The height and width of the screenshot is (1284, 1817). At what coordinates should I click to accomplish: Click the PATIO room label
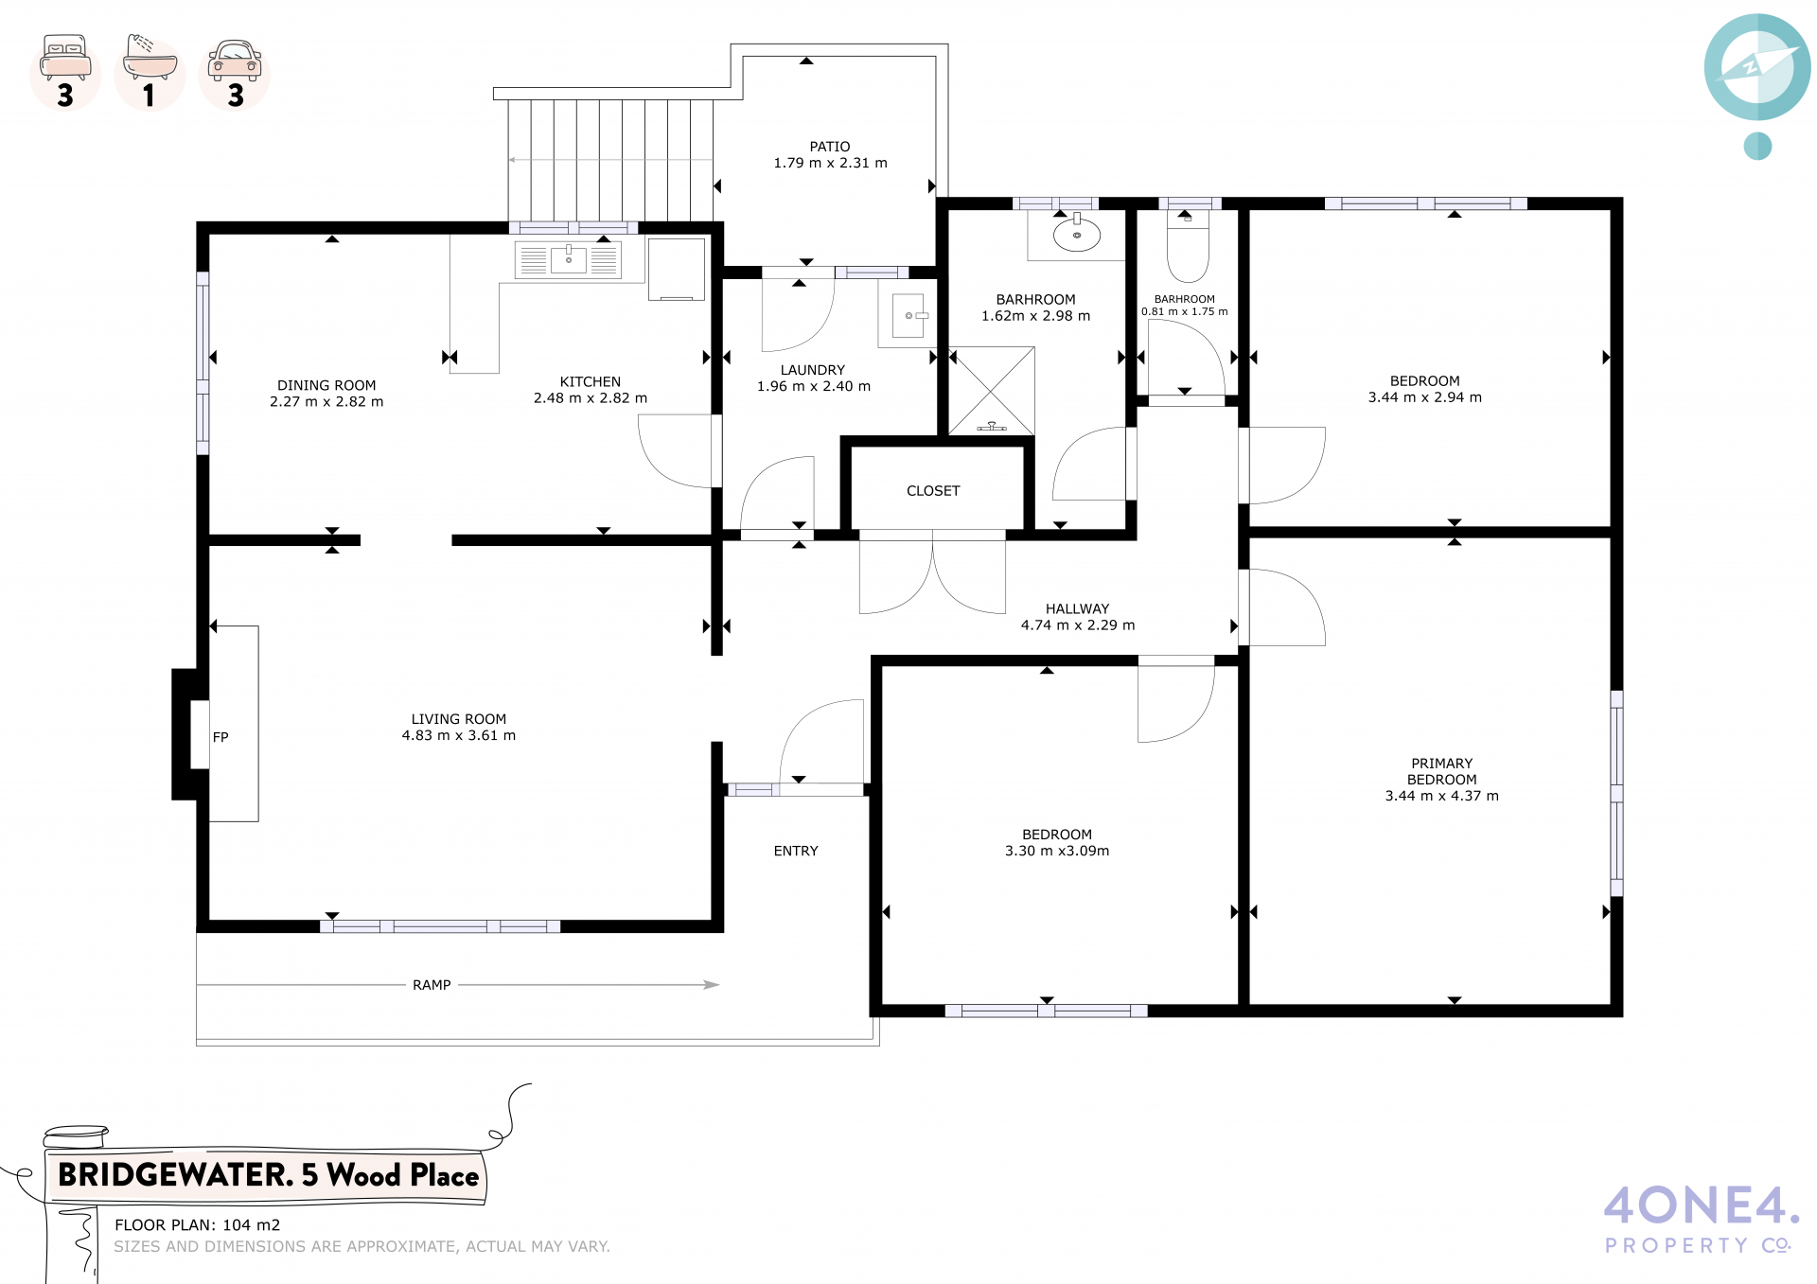point(830,147)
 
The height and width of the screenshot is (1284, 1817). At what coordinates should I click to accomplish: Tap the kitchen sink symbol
point(568,260)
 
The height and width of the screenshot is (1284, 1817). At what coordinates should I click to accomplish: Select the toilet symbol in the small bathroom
point(1188,246)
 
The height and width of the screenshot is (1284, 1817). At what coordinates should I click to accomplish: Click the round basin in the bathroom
point(1077,234)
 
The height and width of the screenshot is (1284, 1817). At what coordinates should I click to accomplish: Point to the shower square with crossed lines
point(991,391)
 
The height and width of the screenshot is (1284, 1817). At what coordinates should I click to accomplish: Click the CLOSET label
point(933,491)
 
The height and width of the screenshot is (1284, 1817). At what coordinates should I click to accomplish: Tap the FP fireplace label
point(221,737)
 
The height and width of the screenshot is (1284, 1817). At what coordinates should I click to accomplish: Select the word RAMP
point(432,985)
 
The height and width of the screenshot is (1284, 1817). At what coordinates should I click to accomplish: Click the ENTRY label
point(796,851)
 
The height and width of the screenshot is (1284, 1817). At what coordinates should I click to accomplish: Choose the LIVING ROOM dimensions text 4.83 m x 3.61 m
point(459,735)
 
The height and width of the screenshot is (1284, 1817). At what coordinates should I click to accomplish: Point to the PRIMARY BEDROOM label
point(1442,771)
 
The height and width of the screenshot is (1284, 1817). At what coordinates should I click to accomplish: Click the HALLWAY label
point(1077,608)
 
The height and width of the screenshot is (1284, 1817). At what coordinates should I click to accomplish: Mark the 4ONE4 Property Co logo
point(1701,1220)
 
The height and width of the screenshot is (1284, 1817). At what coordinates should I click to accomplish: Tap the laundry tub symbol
point(908,316)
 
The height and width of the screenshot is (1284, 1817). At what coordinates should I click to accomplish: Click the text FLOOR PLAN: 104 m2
point(198,1224)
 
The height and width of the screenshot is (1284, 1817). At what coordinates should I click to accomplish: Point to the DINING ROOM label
point(326,385)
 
